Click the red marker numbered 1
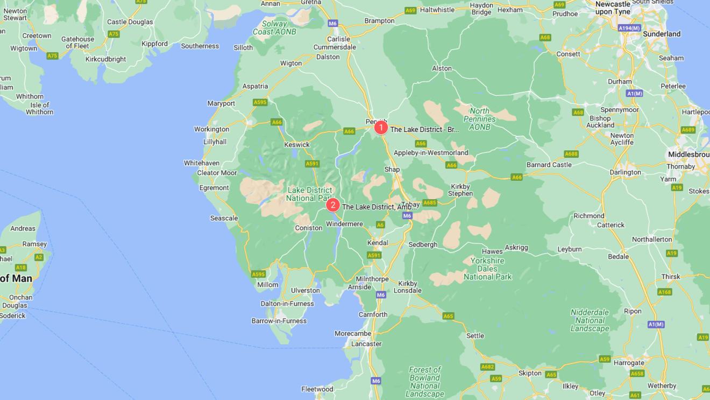point(381,128)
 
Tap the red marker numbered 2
point(333,205)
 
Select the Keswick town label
point(297,144)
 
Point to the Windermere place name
point(344,224)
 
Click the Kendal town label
point(377,243)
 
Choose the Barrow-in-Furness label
point(279,321)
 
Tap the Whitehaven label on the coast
point(202,163)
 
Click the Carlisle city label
point(338,39)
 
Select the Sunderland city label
point(662,34)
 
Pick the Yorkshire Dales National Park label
point(487,269)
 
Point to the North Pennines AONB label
point(479,119)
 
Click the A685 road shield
point(429,203)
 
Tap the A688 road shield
point(571,154)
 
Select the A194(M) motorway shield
point(629,28)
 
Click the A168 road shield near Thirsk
point(665,292)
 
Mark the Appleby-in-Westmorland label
point(431,153)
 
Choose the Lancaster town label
point(366,343)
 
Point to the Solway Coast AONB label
point(274,28)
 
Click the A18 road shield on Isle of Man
point(21,268)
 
